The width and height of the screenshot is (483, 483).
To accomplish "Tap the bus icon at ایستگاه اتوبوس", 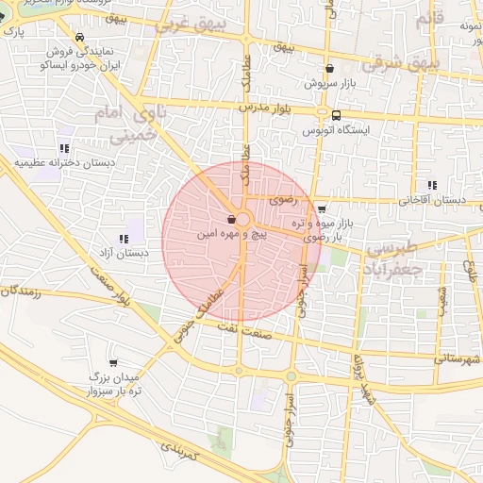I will (x=336, y=115).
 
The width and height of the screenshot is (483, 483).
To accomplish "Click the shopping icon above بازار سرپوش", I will (x=329, y=68).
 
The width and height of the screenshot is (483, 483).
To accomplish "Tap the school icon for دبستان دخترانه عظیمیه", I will (x=64, y=148).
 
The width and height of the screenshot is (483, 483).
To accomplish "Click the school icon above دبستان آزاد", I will (x=124, y=239).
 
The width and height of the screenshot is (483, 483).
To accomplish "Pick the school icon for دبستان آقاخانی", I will (x=432, y=185).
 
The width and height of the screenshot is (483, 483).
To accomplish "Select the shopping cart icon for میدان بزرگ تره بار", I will (x=114, y=363).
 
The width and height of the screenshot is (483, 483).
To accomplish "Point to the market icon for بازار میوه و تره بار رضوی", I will (x=323, y=209).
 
